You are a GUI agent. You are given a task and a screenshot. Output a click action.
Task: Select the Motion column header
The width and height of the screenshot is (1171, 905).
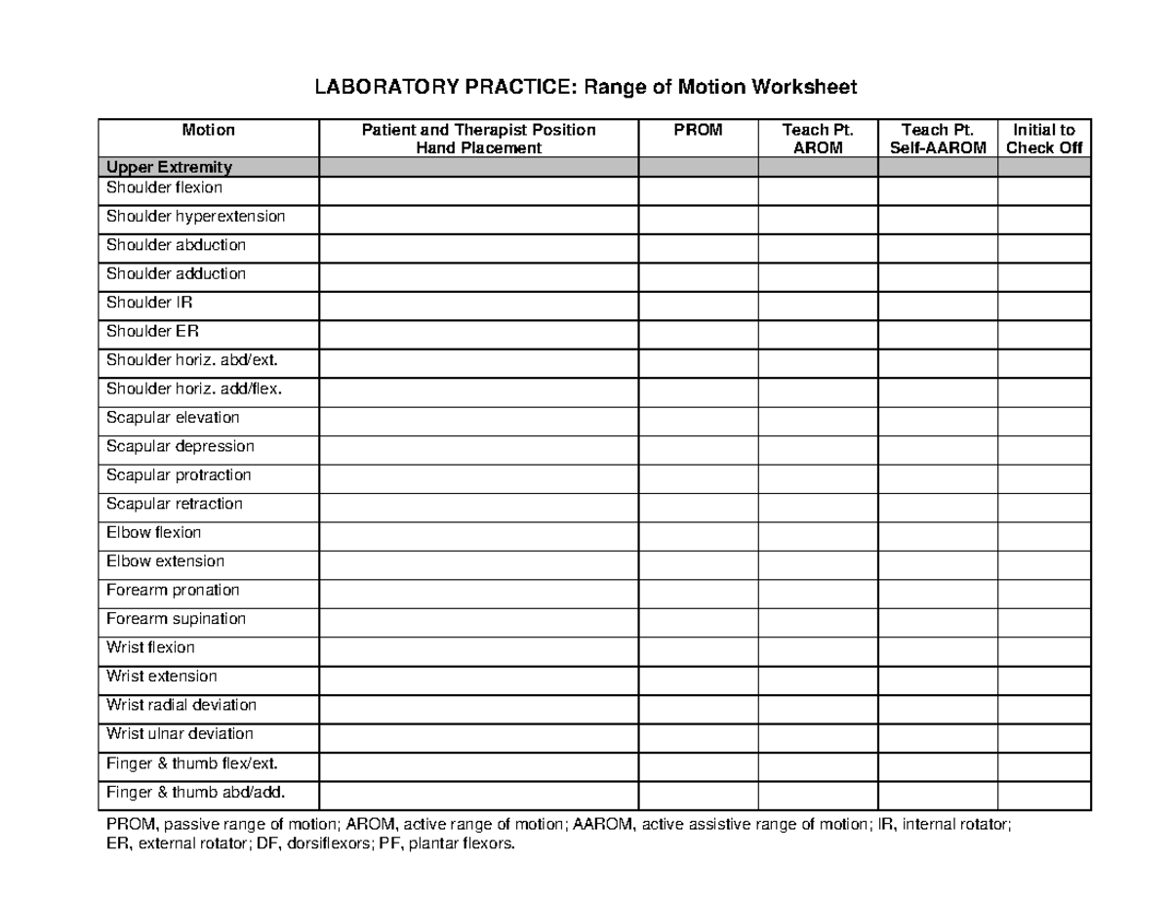point(208,130)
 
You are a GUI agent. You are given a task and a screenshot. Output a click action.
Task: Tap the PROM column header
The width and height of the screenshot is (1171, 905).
point(698,130)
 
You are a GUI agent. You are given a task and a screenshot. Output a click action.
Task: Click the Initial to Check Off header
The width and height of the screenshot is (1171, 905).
point(1043,139)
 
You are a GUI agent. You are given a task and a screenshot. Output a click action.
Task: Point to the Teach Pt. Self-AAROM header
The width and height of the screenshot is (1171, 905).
point(937,139)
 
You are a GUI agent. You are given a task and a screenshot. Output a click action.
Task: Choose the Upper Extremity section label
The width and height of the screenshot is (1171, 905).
point(169,168)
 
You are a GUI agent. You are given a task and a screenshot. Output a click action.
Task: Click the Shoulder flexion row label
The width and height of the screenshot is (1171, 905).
point(164,187)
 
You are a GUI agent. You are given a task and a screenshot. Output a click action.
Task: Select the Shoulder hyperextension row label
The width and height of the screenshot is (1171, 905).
point(195,217)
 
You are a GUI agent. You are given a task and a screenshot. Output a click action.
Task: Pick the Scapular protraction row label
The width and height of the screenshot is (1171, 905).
point(179,475)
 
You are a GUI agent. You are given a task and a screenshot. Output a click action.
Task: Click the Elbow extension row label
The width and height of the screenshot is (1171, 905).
point(165,561)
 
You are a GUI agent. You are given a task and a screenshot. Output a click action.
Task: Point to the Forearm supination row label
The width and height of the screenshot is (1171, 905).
point(176,619)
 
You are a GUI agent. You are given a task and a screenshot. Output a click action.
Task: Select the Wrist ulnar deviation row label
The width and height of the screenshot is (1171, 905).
point(180,734)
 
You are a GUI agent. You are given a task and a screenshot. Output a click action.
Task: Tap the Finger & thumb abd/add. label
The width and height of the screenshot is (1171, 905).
point(196,792)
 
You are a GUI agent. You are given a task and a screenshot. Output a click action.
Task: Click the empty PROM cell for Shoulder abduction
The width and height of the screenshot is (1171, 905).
point(698,246)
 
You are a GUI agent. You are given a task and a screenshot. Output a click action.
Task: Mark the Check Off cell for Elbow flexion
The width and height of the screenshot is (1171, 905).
point(1043,534)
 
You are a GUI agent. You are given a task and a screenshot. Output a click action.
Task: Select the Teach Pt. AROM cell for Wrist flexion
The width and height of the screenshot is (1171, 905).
point(818,648)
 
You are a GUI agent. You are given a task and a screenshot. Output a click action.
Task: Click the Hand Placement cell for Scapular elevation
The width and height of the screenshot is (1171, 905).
point(478,419)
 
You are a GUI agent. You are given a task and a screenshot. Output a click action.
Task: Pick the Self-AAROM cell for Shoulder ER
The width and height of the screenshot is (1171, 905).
point(937,332)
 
